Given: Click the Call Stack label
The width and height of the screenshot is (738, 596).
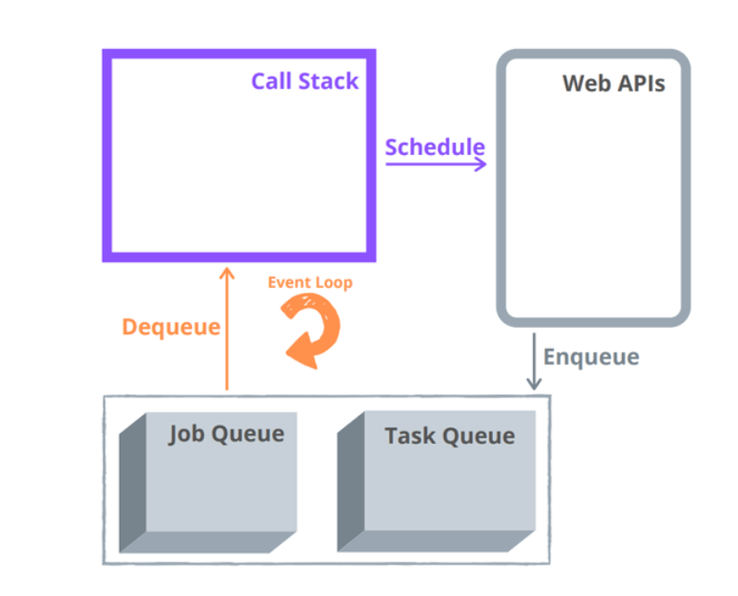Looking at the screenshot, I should pyautogui.click(x=304, y=81).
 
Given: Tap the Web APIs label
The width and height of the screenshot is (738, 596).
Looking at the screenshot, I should pyautogui.click(x=614, y=84).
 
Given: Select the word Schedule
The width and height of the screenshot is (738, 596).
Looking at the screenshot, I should pyautogui.click(x=434, y=147).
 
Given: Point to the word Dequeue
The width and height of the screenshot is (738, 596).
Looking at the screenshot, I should pyautogui.click(x=171, y=327).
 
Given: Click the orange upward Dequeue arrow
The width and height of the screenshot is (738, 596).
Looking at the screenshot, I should pyautogui.click(x=226, y=334).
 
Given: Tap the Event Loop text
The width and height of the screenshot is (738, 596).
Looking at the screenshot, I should pyautogui.click(x=310, y=282).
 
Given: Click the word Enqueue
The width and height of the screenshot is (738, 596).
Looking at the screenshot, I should pyautogui.click(x=590, y=356).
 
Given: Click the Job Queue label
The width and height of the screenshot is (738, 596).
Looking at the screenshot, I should pyautogui.click(x=227, y=434).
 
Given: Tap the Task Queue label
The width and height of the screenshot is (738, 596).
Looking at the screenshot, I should pyautogui.click(x=449, y=435).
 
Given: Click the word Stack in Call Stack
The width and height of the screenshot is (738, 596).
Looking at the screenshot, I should pyautogui.click(x=330, y=81).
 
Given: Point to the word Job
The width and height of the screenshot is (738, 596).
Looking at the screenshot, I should pyautogui.click(x=186, y=434).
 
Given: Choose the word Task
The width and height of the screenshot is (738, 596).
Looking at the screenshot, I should pyautogui.click(x=409, y=435).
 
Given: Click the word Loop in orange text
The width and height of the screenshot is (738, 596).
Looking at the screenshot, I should pyautogui.click(x=334, y=282).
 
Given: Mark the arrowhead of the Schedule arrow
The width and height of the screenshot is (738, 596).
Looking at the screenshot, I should pyautogui.click(x=481, y=164).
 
